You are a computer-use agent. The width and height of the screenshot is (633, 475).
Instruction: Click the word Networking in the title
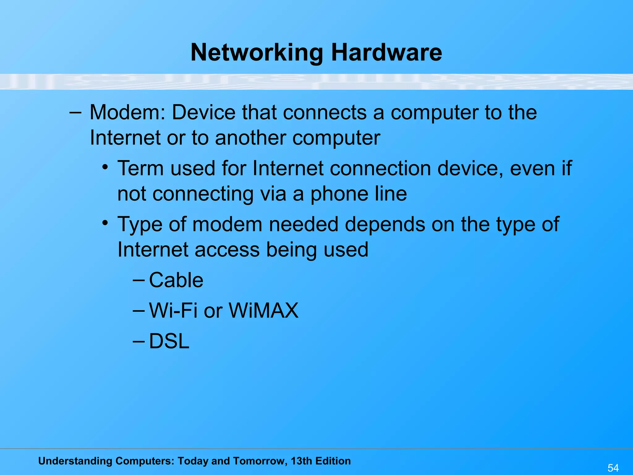click(x=257, y=53)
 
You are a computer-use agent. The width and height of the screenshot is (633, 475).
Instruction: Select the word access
click(x=227, y=250)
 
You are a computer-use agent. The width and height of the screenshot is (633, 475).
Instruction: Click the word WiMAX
click(x=264, y=310)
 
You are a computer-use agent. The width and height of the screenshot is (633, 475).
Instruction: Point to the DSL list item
click(x=169, y=341)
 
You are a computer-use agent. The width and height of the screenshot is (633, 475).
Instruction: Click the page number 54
click(x=613, y=468)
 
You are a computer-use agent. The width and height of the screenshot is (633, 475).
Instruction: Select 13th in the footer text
click(x=301, y=461)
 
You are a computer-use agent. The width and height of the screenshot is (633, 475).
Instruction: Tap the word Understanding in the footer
click(x=75, y=461)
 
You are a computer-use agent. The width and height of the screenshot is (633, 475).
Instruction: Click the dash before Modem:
click(x=75, y=113)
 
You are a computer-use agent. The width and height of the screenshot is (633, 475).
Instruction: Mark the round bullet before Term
click(x=105, y=167)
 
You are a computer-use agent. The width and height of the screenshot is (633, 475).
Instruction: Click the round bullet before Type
click(x=105, y=223)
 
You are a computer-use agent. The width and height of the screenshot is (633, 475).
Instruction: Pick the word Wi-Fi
click(x=173, y=310)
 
